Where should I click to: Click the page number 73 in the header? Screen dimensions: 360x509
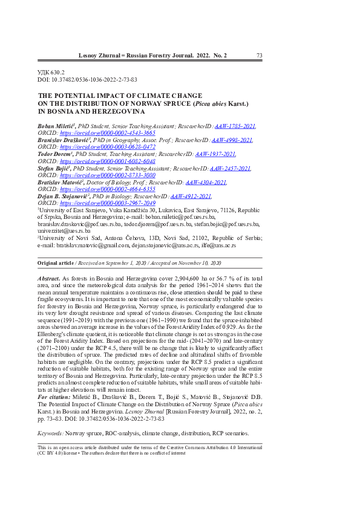pyautogui.click(x=259, y=56)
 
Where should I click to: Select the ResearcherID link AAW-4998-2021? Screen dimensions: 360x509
pyautogui.click(x=232, y=140)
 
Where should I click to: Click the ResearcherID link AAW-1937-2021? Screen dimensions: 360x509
pyautogui.click(x=216, y=154)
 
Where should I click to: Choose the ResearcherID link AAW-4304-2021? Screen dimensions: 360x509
pyautogui.click(x=206, y=182)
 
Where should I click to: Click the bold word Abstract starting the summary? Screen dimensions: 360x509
pyautogui.click(x=48, y=276)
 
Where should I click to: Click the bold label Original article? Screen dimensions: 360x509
pyautogui.click(x=55, y=264)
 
